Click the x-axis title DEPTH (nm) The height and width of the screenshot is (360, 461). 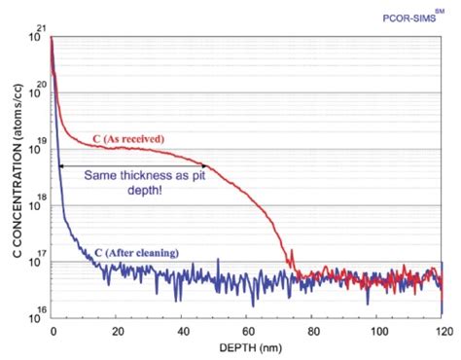pos(246,348)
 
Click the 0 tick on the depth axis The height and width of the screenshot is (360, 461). pos(53,331)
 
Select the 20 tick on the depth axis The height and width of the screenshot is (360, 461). pos(117,331)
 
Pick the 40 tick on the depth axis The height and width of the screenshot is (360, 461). pos(182,331)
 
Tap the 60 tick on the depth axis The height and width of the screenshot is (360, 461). pos(247,331)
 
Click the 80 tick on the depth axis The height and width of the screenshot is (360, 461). pos(312,331)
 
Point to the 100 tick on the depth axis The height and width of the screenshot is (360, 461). pos(377,331)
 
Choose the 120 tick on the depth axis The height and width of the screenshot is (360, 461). pos(441,331)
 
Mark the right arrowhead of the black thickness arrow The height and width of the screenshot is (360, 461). pos(203,166)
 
